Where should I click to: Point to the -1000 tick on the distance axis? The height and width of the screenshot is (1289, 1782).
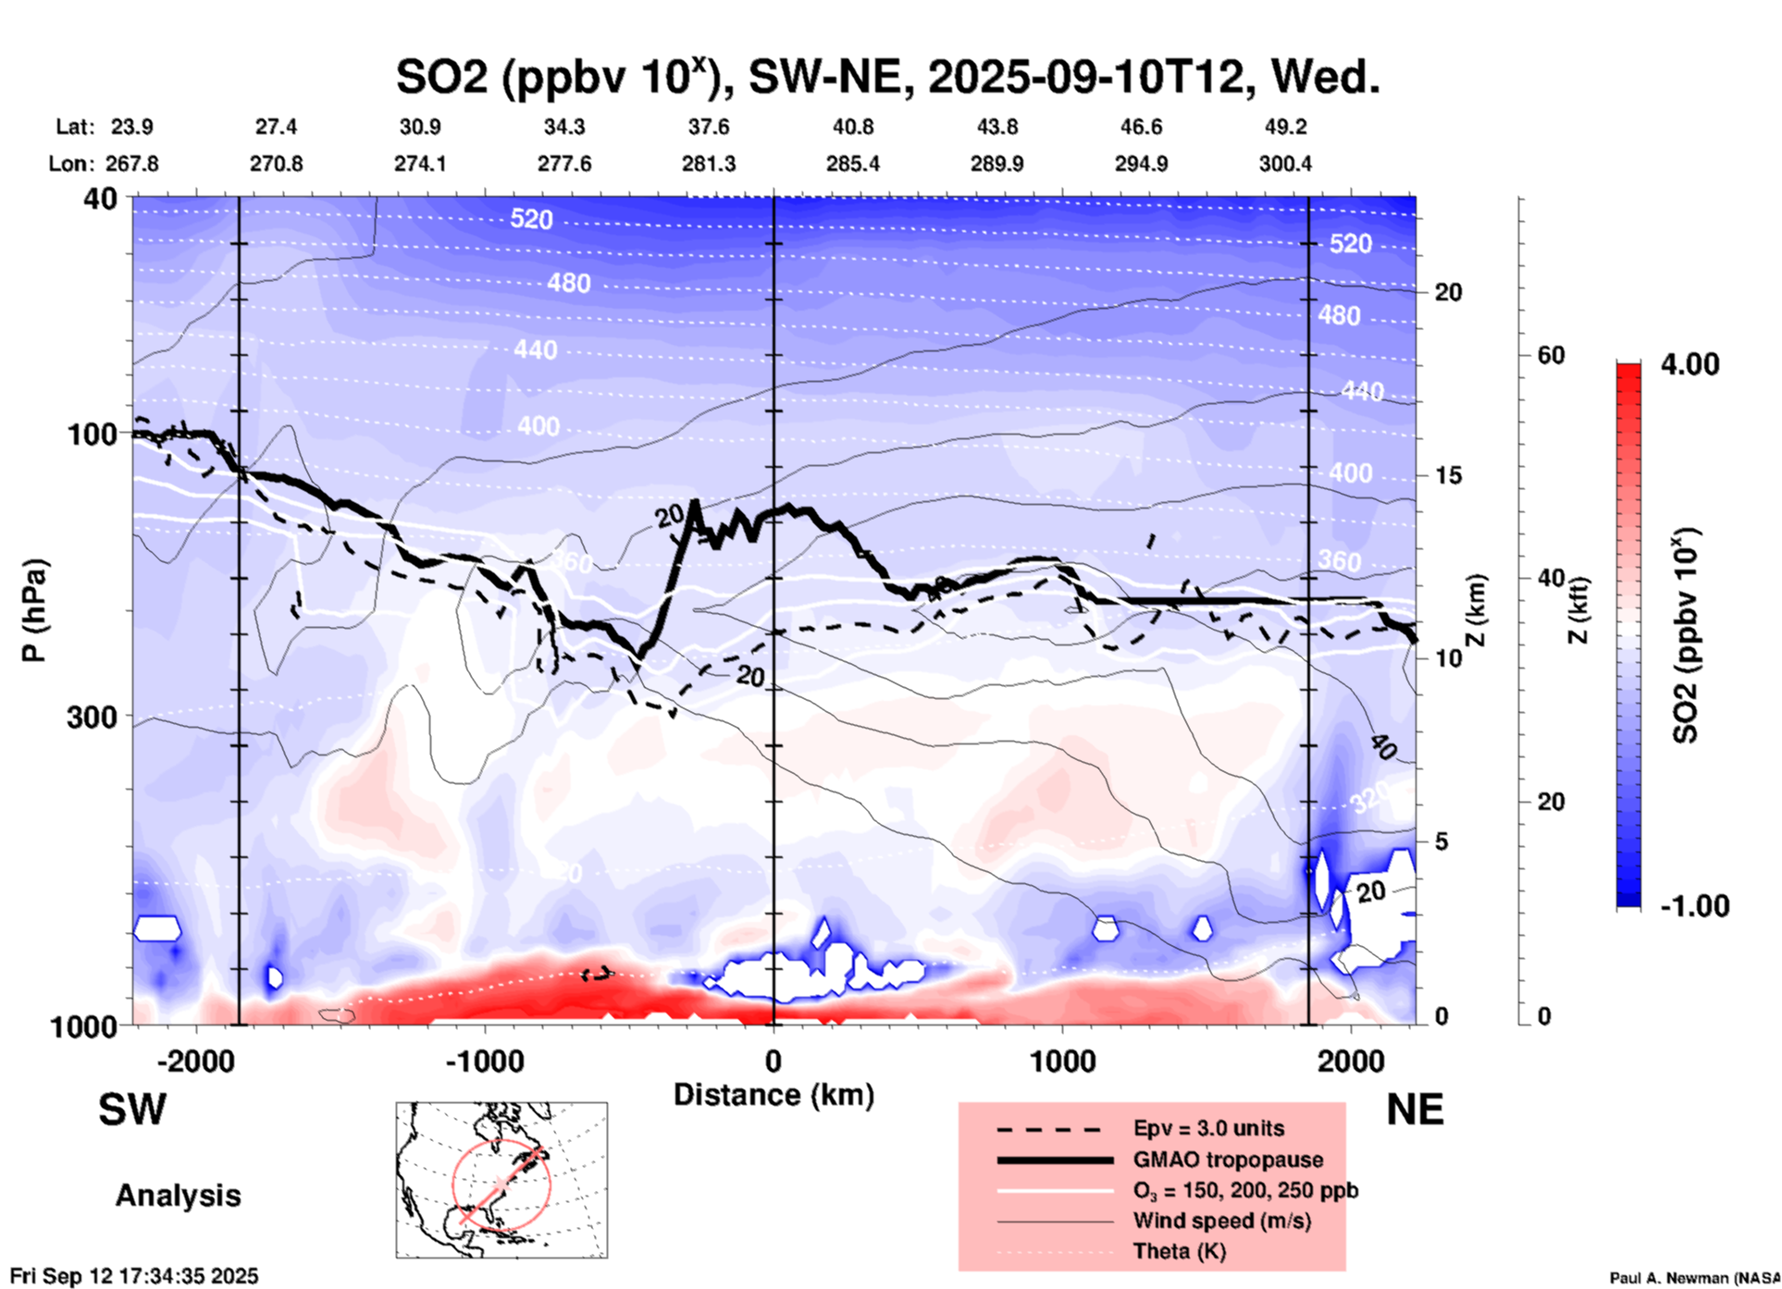485,1062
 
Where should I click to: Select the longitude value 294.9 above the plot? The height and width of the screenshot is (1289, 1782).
1141,164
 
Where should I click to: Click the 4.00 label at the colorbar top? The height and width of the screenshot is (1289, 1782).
1689,364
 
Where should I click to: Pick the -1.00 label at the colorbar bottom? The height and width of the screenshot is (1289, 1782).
1693,906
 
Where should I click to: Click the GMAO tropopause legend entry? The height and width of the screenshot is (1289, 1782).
1228,1160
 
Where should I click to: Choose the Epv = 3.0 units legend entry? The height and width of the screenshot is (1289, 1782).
1208,1128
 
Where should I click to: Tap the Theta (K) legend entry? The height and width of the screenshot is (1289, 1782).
1179,1251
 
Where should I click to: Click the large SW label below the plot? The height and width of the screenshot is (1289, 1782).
132,1110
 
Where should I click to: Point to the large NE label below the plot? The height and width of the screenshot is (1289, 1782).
1415,1110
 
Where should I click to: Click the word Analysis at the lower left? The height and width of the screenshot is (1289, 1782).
178,1196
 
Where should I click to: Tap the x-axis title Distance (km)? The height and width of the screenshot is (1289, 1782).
773,1095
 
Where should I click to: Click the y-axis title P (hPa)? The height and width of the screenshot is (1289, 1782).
34,610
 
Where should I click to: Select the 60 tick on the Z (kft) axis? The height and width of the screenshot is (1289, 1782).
1551,355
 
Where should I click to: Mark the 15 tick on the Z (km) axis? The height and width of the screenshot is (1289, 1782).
1448,475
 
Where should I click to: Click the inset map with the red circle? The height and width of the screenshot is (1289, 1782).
501,1180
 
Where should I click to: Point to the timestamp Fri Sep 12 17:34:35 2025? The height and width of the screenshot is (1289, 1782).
135,1276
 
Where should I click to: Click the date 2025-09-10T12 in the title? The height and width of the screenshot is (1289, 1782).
1084,77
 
